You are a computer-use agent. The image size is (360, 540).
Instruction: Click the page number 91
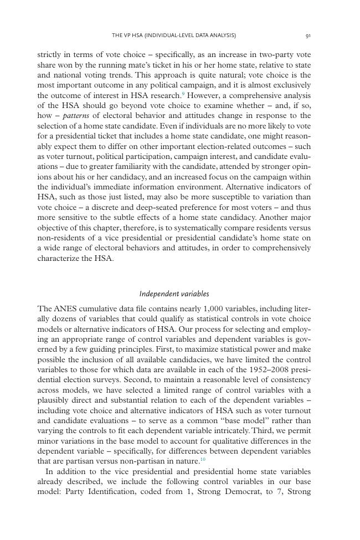307,35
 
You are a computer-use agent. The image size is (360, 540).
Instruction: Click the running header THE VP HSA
173,35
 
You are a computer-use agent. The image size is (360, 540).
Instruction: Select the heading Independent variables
174,294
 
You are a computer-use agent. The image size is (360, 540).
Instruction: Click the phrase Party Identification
95,491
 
